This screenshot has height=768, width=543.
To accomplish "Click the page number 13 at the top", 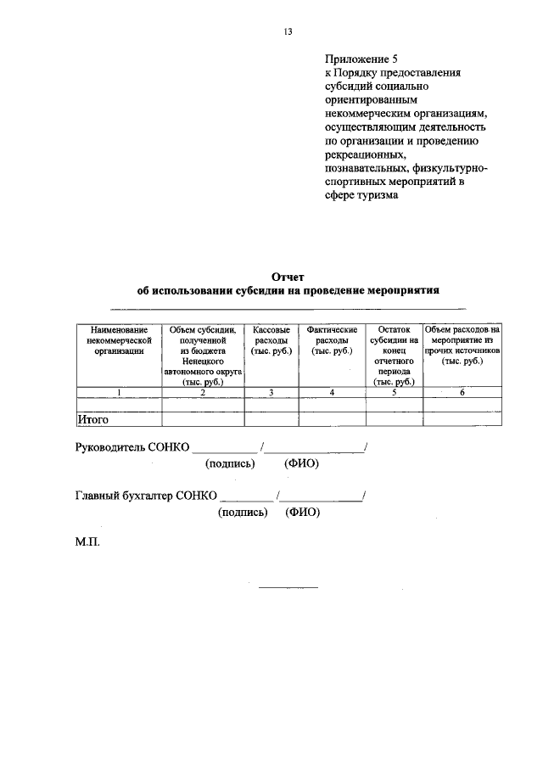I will click(x=288, y=32).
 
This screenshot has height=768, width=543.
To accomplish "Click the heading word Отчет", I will click(x=287, y=277).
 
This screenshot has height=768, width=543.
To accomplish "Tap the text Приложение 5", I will click(x=361, y=59).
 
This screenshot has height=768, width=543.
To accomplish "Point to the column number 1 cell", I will click(x=120, y=392).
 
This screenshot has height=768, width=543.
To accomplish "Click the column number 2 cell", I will click(x=203, y=392).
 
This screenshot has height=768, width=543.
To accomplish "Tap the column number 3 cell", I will click(x=271, y=392).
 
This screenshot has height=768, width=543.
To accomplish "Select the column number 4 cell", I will click(x=332, y=392).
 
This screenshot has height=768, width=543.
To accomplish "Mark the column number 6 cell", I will click(x=462, y=392).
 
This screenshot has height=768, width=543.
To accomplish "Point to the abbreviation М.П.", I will click(x=87, y=541).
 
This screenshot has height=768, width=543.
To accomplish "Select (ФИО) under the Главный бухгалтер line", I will click(x=304, y=513).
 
